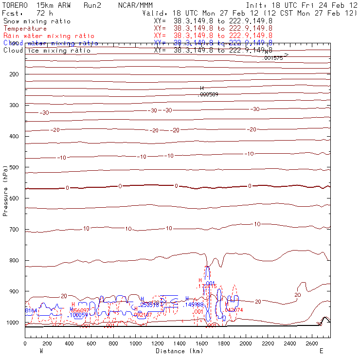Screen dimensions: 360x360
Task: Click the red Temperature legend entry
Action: [x=25, y=29]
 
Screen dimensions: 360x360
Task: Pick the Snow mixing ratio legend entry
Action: [x=36, y=21]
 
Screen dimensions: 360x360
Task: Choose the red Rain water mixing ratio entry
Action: [x=49, y=36]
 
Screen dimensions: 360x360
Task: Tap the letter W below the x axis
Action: [x=41, y=351]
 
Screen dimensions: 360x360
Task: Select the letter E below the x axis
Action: [x=321, y=351]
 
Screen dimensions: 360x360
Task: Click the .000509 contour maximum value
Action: [x=209, y=94]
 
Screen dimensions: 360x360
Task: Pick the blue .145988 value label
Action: [x=194, y=305]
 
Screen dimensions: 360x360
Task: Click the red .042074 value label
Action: [x=234, y=310]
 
